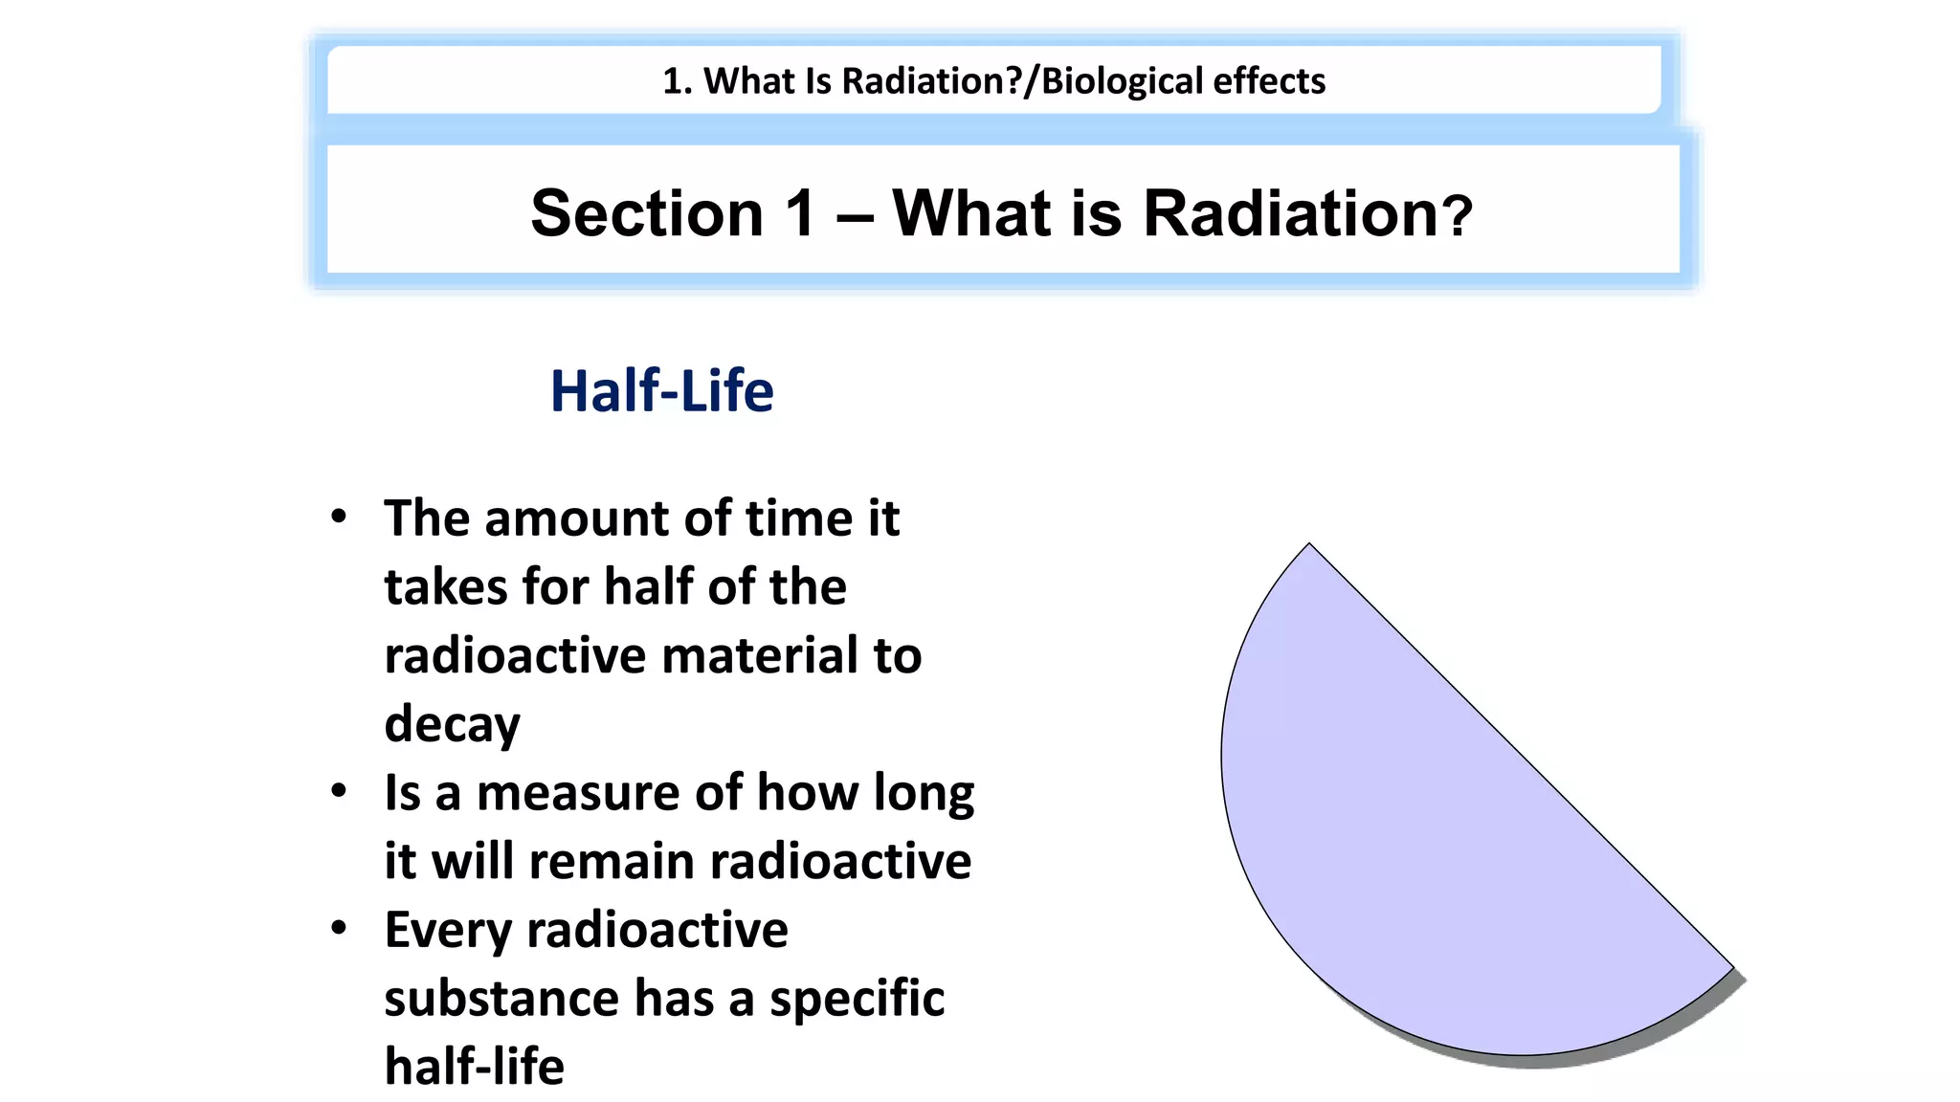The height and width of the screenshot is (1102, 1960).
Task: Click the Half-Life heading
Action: (x=661, y=391)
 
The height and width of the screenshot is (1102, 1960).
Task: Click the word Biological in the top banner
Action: (x=1121, y=81)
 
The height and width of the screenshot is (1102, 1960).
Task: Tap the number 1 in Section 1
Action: (x=801, y=212)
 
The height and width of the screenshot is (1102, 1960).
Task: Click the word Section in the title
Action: (x=647, y=212)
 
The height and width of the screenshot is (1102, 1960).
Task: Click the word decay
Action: (x=452, y=724)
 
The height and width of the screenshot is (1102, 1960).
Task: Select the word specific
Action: (x=857, y=999)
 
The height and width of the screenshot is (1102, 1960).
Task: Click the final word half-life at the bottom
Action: (x=474, y=1067)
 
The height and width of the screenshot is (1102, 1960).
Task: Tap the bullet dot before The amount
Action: (x=338, y=518)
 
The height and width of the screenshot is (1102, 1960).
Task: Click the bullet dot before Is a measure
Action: (x=338, y=791)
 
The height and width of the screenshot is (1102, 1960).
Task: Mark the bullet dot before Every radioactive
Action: (x=338, y=928)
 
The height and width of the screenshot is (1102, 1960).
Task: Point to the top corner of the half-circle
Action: (x=1309, y=545)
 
